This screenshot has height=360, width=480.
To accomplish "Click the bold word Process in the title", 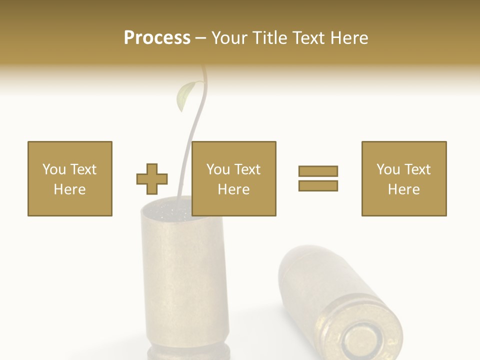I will (157, 38).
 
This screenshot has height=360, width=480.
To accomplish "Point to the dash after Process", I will (200, 38).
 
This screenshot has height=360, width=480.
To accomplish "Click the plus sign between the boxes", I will (152, 178).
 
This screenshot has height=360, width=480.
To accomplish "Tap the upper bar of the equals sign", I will (318, 171).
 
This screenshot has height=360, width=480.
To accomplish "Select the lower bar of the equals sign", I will (318, 185).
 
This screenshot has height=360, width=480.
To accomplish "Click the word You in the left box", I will (54, 169).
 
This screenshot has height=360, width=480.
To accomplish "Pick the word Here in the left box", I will (69, 189).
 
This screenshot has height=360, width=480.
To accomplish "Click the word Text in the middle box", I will (247, 169).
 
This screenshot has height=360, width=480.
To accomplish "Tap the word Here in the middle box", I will (233, 189).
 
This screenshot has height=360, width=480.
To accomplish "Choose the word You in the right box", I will (388, 169).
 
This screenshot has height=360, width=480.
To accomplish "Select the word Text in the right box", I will (417, 169).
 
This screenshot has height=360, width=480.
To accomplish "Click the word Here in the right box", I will (403, 189).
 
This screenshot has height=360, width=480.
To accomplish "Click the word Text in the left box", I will (83, 169).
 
